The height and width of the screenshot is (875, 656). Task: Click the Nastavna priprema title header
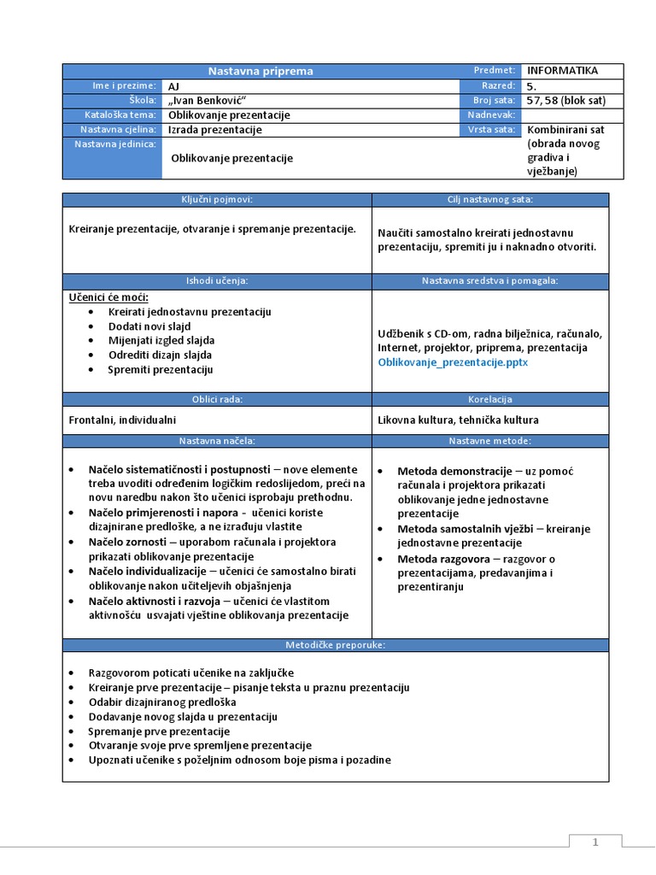[261, 71]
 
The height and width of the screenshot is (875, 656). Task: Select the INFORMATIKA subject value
[563, 71]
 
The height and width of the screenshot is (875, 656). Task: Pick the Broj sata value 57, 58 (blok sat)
[566, 100]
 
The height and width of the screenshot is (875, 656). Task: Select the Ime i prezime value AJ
[174, 85]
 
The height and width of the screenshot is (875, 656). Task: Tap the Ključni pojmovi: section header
[216, 199]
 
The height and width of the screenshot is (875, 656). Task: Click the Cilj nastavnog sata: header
[490, 199]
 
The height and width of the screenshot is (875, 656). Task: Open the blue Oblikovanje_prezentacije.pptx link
[453, 362]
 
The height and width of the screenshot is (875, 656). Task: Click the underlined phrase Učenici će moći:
[108, 297]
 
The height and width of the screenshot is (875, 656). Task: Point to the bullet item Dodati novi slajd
[149, 326]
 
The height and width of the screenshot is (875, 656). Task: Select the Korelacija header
[490, 399]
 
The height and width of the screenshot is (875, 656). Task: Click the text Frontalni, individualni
[122, 420]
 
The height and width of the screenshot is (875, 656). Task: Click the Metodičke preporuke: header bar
[335, 644]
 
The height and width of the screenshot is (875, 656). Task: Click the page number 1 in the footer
[595, 843]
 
